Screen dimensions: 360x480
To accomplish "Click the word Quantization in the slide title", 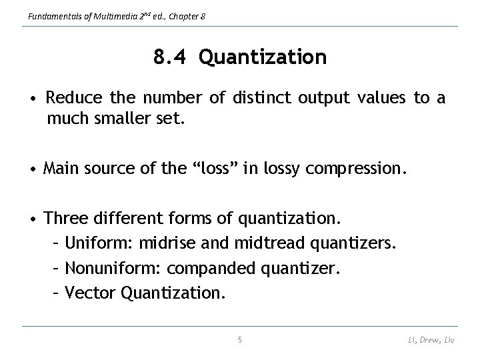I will click(x=263, y=58).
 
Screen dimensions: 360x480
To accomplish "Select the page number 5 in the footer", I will click(x=240, y=340).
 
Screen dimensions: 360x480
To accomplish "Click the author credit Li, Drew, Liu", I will click(x=432, y=341).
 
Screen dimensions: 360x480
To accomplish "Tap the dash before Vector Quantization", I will click(x=56, y=293).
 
